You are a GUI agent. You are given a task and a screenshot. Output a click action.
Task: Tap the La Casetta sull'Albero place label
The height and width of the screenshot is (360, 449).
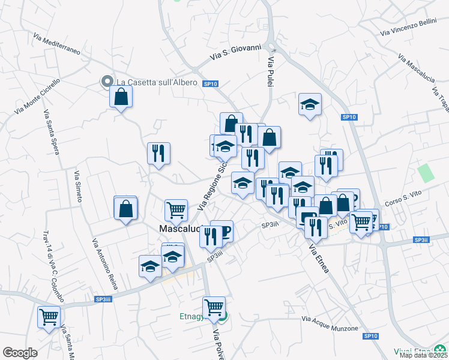[x=156, y=82]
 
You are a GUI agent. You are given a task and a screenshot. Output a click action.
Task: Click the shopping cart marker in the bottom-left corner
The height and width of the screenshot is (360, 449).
[x=48, y=316]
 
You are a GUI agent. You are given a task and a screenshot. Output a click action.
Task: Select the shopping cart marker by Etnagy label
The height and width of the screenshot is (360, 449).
[x=214, y=307]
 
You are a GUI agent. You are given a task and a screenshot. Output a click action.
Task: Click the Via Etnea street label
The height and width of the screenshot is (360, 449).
[x=319, y=259]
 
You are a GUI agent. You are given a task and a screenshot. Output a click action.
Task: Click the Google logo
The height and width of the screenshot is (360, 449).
[x=20, y=353]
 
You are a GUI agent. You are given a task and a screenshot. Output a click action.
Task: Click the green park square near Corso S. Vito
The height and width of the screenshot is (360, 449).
[x=426, y=173]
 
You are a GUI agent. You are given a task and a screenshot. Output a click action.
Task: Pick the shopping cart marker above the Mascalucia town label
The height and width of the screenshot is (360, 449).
[x=176, y=209]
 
